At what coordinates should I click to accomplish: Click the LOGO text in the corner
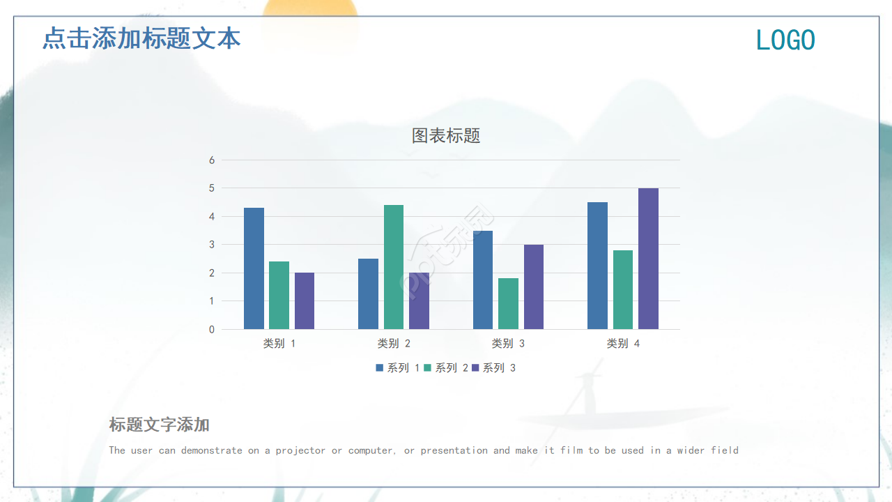(785, 40)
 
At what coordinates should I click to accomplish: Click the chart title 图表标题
(446, 136)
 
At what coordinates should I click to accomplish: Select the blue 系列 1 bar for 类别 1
(254, 268)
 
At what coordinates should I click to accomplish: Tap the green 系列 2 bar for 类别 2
(394, 267)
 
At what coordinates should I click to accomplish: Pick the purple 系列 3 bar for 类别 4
(648, 259)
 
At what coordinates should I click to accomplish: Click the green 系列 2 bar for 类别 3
(508, 304)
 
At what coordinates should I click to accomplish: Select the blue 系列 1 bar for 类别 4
(597, 266)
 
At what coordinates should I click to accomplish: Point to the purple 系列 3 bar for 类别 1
(305, 301)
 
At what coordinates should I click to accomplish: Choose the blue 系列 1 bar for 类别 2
(368, 294)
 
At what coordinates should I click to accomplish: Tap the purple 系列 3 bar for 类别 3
(534, 287)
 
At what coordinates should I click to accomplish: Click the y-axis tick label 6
(212, 160)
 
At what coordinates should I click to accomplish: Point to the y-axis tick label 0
(212, 329)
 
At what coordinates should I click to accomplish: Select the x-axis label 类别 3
(508, 344)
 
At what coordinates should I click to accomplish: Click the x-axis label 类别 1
(279, 344)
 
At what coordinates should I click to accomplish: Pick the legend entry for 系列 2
(446, 368)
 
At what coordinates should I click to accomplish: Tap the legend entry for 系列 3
(494, 368)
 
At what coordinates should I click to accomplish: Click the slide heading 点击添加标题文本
(141, 38)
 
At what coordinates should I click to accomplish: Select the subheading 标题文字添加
(159, 425)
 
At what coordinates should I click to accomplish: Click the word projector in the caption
(300, 450)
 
